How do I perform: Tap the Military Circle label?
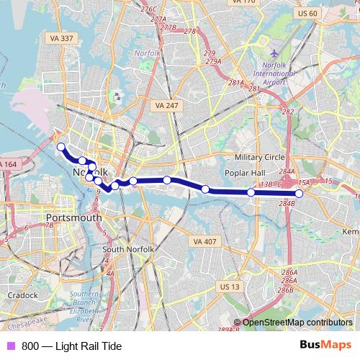pos(260,157)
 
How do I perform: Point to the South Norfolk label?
pos(128,249)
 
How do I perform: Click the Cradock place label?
pos(23,295)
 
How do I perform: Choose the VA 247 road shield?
pos(166,105)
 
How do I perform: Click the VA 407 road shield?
pos(204,242)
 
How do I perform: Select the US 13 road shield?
pos(228,287)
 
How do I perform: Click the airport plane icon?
pos(274,54)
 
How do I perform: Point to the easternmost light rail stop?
pos(299,193)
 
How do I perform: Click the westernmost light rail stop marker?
pos(61,148)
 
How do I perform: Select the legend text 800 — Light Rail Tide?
pos(71,346)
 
